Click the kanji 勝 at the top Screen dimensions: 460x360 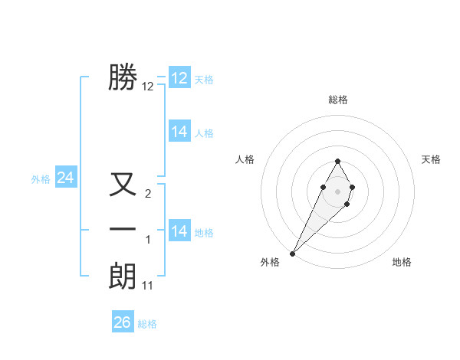123,77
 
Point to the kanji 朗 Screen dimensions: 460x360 123,277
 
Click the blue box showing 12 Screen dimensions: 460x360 179,78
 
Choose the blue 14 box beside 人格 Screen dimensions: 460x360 179,132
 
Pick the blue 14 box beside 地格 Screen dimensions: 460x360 179,231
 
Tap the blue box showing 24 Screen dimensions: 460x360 65,178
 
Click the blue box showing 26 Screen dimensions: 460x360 122,322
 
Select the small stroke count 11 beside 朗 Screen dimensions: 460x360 148,286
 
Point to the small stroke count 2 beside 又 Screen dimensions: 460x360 148,194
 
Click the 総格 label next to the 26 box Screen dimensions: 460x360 147,324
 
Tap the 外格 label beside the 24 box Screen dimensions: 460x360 41,179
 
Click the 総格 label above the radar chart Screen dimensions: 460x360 337,100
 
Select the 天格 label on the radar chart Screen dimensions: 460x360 431,159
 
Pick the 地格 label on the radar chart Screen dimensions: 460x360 402,262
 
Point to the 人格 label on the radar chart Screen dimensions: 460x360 245,159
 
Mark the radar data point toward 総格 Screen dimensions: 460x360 337,161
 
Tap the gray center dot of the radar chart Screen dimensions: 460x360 337,191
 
